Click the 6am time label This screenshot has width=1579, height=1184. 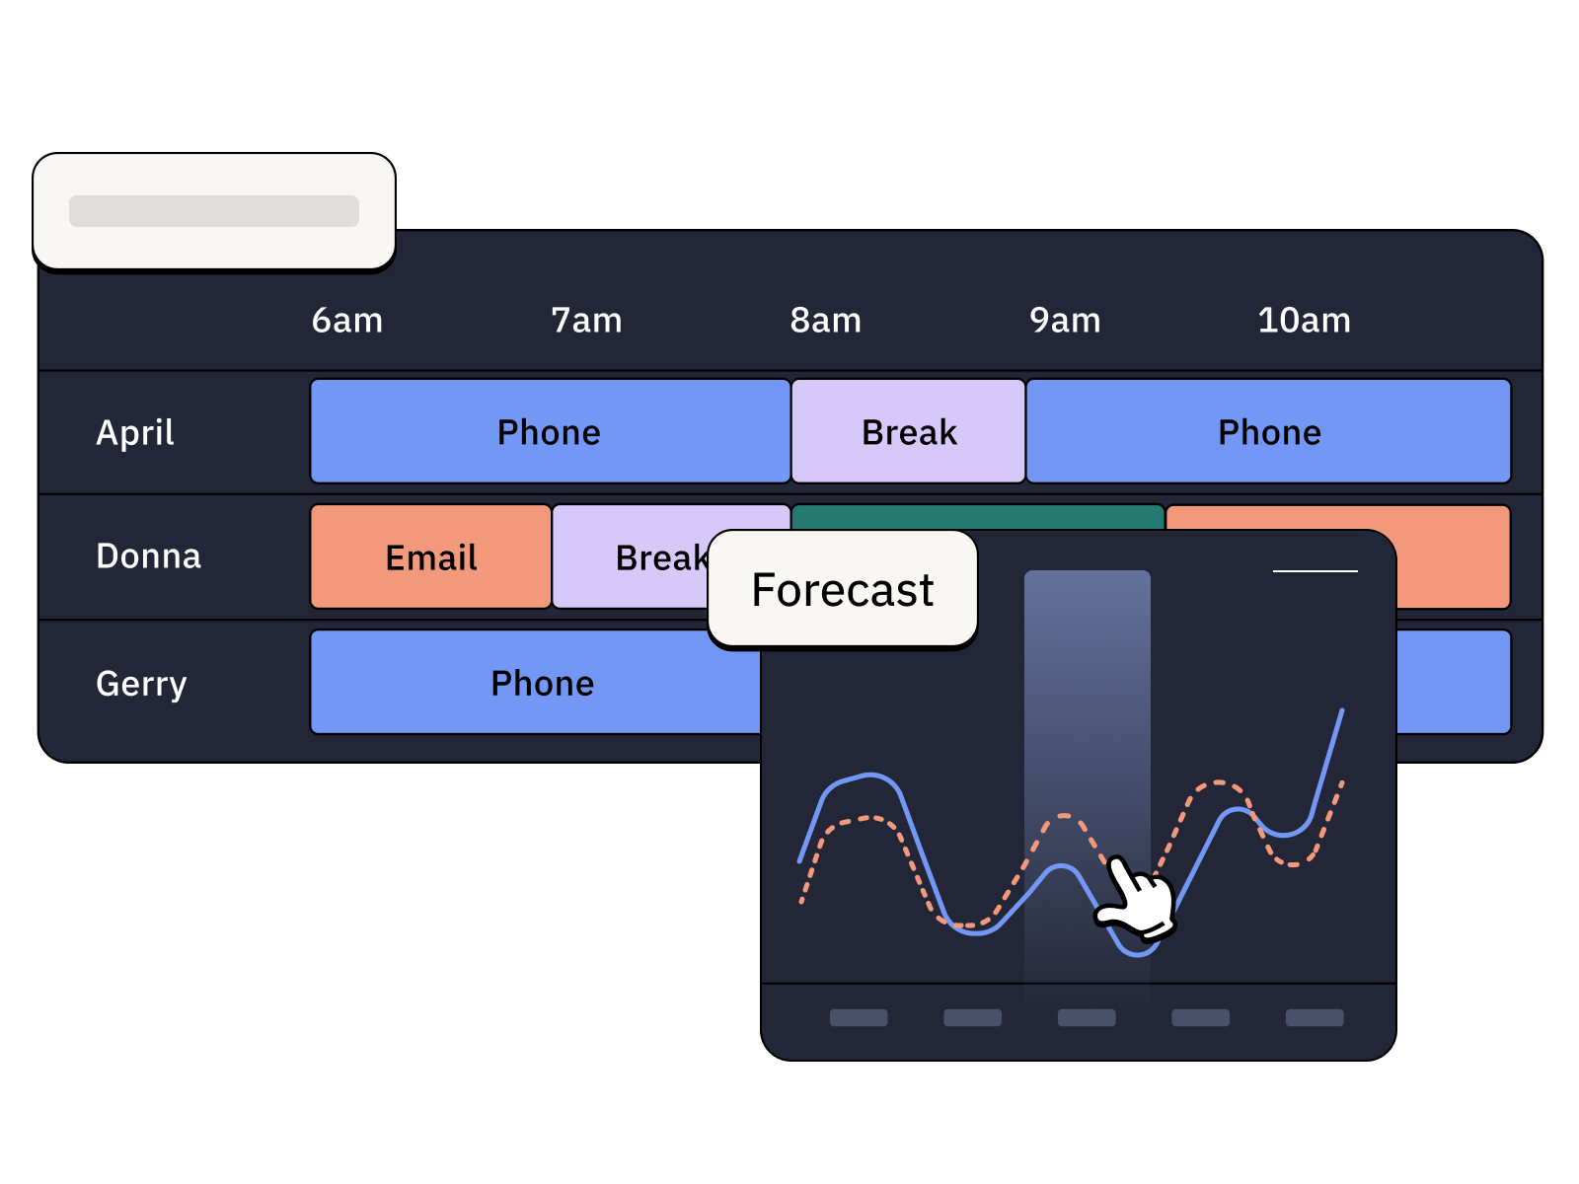pos(346,321)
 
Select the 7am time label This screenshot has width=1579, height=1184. pos(586,321)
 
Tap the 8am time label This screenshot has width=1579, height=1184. pos(825,321)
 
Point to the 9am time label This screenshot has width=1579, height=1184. pos(1065,321)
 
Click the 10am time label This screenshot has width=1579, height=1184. pos(1304,321)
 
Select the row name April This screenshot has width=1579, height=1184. pos(135,432)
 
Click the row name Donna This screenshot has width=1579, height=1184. pos(148,556)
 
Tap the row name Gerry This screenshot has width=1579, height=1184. pos(141,683)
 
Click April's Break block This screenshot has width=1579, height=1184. pos(908,432)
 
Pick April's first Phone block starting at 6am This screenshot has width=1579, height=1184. pos(549,432)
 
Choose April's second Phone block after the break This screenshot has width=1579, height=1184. pos(1269,432)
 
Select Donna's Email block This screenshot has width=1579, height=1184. pos(430,557)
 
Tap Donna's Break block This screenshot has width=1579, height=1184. pos(632,557)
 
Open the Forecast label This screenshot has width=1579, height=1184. pos(842,590)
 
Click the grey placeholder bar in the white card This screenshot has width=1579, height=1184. pos(214,211)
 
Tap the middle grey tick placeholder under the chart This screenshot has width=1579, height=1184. pos(1087,1017)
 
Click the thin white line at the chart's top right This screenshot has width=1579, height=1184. pos(1315,570)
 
